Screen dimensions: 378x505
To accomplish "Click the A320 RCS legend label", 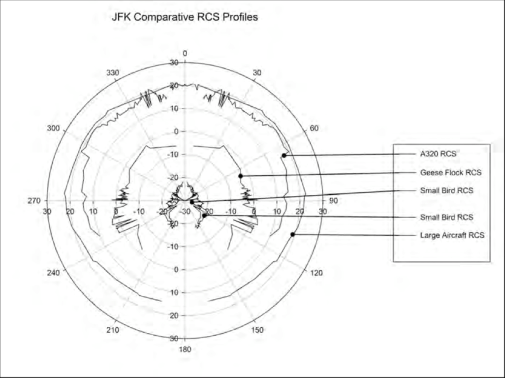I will click(438, 154).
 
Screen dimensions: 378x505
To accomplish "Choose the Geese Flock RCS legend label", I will click(450, 173).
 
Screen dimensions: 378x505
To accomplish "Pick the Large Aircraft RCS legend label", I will click(452, 235).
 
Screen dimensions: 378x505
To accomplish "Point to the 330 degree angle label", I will click(113, 73).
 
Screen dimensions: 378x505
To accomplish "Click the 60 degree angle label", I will click(314, 128).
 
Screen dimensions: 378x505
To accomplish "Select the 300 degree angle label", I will click(53, 128).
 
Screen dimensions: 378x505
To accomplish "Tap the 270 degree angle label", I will click(34, 201).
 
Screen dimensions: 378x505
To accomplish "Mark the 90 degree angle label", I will click(334, 201).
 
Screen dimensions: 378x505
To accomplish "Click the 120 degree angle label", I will click(317, 273).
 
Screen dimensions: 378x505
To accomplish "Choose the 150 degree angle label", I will click(257, 330).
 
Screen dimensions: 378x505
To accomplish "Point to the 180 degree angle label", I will click(185, 350).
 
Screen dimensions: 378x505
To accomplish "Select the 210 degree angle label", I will click(113, 330).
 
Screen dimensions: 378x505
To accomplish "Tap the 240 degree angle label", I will click(53, 273).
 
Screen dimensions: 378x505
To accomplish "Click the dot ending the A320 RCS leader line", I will click(284, 156).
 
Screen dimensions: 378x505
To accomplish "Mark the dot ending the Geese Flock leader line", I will click(241, 176).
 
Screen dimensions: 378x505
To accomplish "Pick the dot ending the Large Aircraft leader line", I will click(293, 234).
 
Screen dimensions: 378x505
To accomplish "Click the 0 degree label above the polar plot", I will click(185, 53).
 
